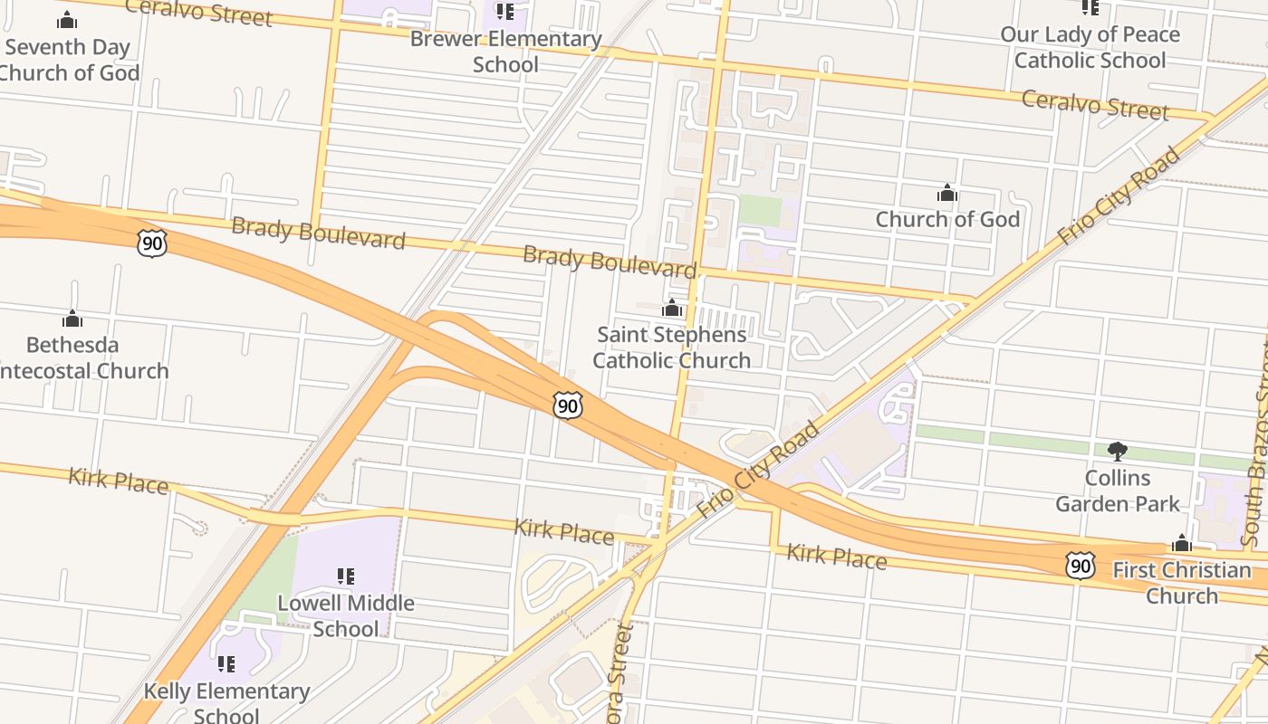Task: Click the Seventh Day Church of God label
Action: [68, 60]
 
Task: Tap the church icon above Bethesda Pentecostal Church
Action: [72, 319]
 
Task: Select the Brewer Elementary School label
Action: [505, 52]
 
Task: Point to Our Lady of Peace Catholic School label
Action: [1090, 47]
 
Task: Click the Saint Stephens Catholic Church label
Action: [671, 348]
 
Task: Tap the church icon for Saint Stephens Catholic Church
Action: [671, 309]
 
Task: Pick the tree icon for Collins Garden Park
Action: [1118, 451]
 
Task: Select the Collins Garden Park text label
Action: [1118, 491]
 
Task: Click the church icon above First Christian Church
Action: [1181, 543]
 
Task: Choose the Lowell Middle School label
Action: [345, 615]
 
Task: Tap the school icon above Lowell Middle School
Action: [345, 576]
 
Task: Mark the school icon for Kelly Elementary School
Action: [226, 664]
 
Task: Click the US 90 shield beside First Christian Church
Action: [1079, 566]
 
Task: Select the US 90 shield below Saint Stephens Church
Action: [567, 406]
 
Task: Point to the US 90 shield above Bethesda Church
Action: [152, 242]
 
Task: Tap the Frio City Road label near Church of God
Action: [1119, 195]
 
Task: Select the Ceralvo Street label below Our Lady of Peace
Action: [1095, 104]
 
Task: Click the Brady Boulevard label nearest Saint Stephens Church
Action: [610, 262]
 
